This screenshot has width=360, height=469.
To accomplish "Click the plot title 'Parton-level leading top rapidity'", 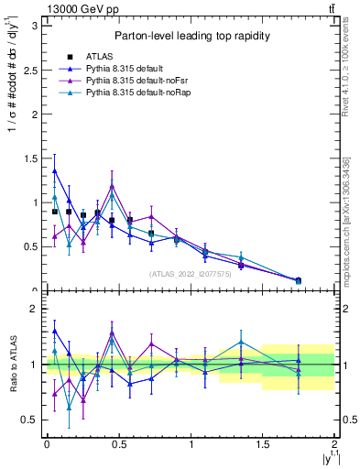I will pyautogui.click(x=191, y=36).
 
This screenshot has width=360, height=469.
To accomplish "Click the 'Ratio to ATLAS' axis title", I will pyautogui.click(x=11, y=364).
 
